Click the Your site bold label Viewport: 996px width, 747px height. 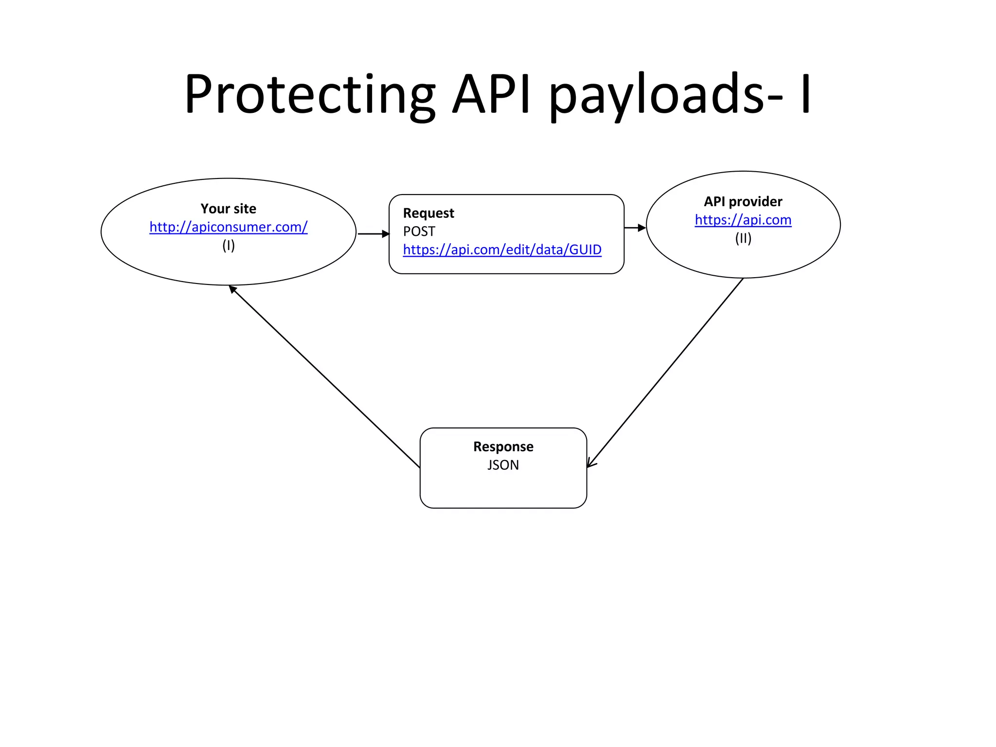[x=228, y=209]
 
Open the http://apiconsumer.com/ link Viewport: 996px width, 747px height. [x=228, y=227]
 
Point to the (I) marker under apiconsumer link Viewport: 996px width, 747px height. [x=228, y=246]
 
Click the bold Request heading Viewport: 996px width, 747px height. [x=428, y=213]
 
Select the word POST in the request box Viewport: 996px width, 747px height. [x=419, y=231]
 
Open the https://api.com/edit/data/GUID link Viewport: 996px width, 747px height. [x=502, y=250]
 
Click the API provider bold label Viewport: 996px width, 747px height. [x=743, y=201]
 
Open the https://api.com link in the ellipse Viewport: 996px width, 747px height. [x=743, y=220]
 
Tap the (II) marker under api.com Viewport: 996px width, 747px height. [x=743, y=238]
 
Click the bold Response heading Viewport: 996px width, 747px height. [x=503, y=446]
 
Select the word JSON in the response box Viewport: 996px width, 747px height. [x=503, y=465]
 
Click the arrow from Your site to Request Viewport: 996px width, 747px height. [x=373, y=234]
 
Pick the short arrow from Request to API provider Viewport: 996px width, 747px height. [x=634, y=228]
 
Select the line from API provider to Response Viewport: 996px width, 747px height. [x=666, y=372]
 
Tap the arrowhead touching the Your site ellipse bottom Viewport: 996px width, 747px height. [x=233, y=289]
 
